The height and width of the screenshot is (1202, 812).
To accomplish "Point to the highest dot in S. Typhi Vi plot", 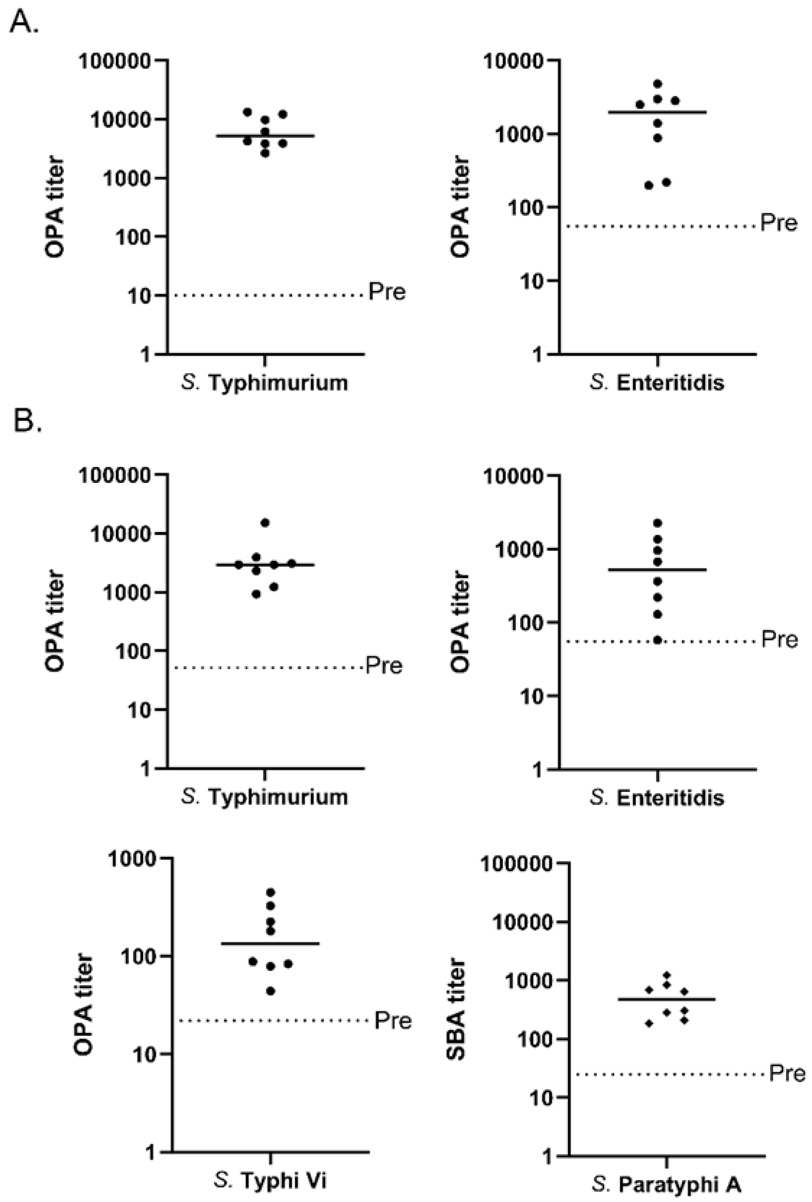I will point(271,892).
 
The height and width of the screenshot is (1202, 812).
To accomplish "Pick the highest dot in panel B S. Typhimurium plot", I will point(265,522).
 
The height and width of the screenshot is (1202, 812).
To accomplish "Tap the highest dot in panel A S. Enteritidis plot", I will point(658,83).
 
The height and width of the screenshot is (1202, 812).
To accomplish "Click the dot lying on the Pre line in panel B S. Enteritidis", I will point(657,640).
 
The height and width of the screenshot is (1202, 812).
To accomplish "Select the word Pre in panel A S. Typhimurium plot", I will point(387,292).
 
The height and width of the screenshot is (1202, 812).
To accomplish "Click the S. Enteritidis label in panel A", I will point(657,383).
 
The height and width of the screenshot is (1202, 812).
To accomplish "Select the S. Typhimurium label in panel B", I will point(264,797).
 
